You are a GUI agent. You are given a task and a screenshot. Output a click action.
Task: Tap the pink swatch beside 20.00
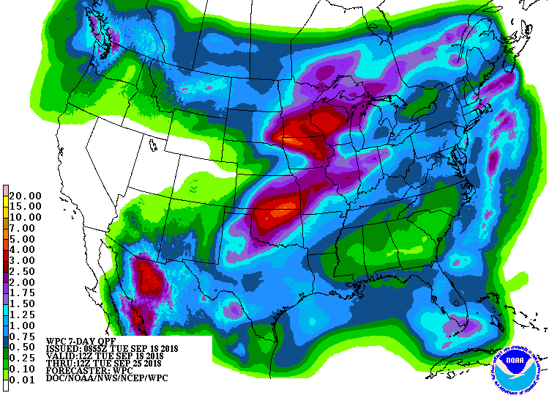[6, 191]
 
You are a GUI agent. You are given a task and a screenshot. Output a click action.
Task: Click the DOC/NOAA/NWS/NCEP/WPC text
[99, 380]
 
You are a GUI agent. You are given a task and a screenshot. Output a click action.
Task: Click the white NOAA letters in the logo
[518, 359]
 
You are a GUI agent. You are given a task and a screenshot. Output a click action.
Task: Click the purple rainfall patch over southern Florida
[466, 325]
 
